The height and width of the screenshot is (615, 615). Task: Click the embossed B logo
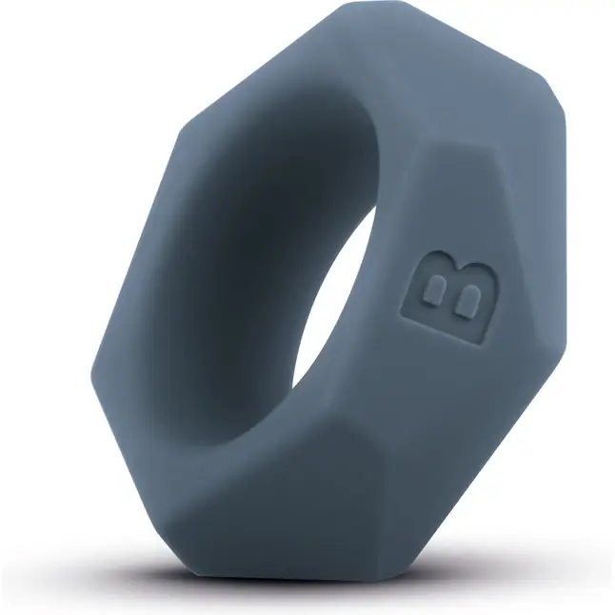coord(448,297)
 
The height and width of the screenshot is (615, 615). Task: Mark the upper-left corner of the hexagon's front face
coord(181,131)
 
